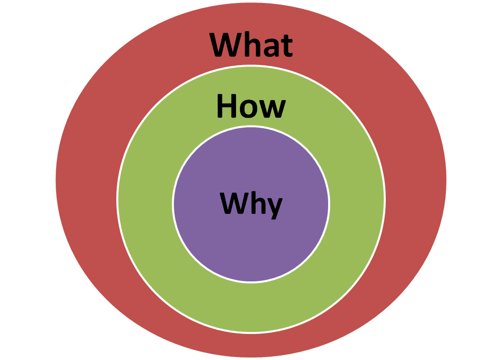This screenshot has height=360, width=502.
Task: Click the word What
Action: pyautogui.click(x=251, y=45)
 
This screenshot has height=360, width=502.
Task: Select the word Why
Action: pyautogui.click(x=251, y=204)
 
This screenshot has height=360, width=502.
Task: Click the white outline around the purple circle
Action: pyautogui.click(x=173, y=204)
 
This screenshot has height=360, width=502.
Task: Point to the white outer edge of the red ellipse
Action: pyautogui.click(x=55, y=178)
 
